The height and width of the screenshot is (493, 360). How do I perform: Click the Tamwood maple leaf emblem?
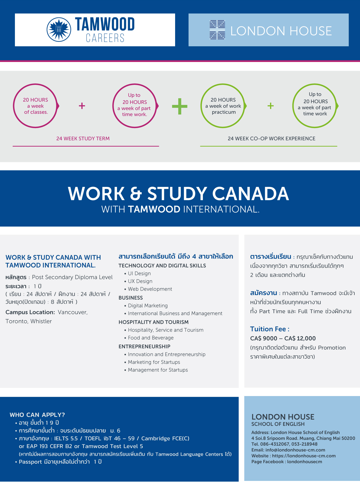pos(59,30)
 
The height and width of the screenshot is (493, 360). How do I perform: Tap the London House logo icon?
pos(217,30)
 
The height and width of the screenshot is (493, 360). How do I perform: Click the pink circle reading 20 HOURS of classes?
pos(35,106)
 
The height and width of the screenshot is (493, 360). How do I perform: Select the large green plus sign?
pos(179,106)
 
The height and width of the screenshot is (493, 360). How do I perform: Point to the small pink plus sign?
pos(82,106)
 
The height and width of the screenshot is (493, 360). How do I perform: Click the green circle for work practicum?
pos(223,106)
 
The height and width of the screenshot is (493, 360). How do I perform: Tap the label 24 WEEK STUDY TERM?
pos(83,139)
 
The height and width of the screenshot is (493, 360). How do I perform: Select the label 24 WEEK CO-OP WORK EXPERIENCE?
pos(271,139)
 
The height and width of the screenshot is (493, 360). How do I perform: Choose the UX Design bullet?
pos(140,281)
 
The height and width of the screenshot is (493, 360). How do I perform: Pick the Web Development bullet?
pos(150,289)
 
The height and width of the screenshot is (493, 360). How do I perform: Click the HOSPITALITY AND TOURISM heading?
pos(154,322)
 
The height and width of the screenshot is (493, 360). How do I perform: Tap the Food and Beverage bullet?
pos(151,338)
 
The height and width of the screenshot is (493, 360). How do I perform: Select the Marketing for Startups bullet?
pos(154,362)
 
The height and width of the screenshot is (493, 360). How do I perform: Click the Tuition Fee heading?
pos(270,329)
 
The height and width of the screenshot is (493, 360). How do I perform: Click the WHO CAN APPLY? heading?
pos(37,415)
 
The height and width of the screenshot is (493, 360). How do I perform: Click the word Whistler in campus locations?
pos(41,321)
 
